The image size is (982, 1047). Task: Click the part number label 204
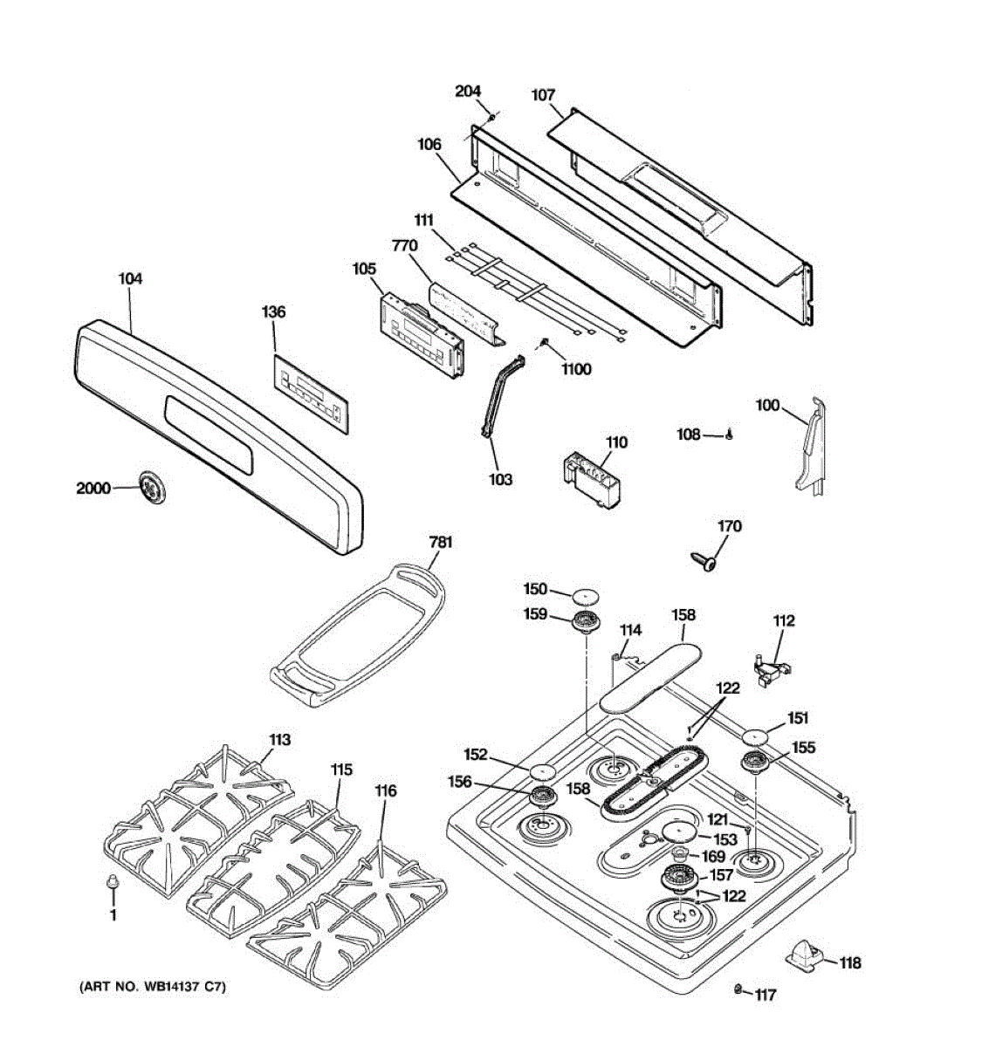[467, 92]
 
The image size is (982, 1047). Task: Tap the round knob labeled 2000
[152, 487]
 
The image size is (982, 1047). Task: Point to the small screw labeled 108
[727, 435]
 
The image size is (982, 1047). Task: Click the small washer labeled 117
[738, 989]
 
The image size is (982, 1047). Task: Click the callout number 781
[441, 543]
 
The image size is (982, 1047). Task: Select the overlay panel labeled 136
[311, 391]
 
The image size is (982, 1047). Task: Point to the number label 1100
[577, 369]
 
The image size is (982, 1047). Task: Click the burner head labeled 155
[753, 763]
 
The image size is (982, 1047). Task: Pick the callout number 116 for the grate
[385, 790]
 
